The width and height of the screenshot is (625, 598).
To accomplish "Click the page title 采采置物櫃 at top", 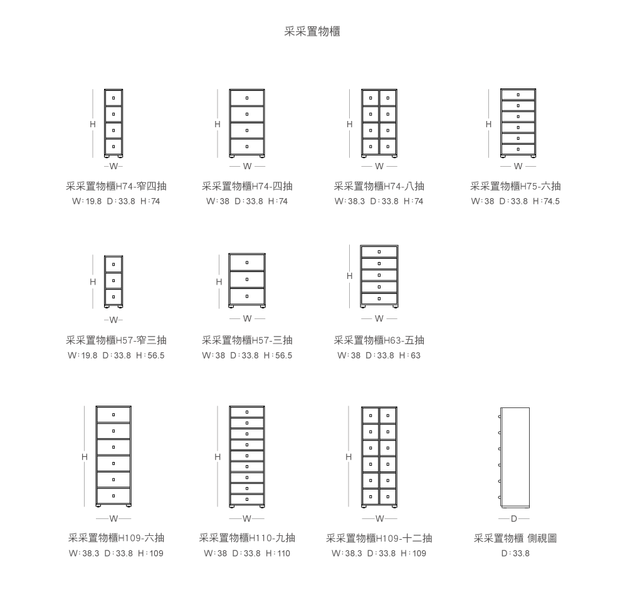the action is pos(312,31).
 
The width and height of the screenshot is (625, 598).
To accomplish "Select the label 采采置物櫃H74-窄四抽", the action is pos(116,186).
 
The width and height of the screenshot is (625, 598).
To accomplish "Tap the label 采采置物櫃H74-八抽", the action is pos(379,186).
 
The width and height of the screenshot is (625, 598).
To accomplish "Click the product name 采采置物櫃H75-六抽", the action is pos(515,186).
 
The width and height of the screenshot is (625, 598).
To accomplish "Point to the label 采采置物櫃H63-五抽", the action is pos(379,340).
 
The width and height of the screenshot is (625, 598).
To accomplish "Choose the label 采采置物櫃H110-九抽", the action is pos(247,538).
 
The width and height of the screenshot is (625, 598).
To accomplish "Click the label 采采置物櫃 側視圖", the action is pos(515,538).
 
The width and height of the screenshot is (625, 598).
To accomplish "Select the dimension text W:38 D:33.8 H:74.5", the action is pos(515,201).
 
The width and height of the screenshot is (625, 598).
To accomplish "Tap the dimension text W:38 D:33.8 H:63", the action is pos(379,355).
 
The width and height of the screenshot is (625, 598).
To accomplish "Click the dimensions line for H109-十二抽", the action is pos(379,553).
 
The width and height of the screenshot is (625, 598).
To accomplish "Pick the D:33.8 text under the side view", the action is pos(515,553).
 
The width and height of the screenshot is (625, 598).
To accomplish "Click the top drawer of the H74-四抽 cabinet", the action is pos(247,98).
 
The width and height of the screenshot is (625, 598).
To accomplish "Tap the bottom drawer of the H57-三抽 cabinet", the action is pos(247,296).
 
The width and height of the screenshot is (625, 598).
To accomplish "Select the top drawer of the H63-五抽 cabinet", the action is pos(379,252).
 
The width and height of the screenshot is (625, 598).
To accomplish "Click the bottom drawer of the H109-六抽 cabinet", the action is pos(113,496).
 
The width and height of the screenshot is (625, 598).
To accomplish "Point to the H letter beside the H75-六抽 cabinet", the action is pos(488,124).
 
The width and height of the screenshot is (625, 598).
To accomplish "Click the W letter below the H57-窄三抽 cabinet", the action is pos(113,320).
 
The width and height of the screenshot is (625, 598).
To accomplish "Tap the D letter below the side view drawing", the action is pos(514,518).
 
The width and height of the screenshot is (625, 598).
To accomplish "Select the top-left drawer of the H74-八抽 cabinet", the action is pos(370,98).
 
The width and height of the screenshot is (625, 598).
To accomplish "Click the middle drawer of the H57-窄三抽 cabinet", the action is pos(113,281).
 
